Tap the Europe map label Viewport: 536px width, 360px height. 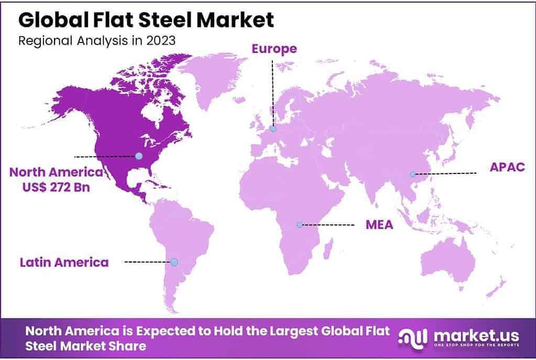(274, 49)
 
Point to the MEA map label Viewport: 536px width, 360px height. (379, 225)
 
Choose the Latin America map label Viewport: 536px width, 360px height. (64, 261)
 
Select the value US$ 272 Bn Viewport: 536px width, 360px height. (49, 187)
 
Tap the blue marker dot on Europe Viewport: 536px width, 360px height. (273, 129)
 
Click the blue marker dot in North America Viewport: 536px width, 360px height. (138, 156)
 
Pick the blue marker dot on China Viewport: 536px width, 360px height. (412, 174)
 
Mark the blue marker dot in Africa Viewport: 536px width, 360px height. (299, 225)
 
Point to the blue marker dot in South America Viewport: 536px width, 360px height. (174, 261)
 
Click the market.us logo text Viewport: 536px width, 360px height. (475, 335)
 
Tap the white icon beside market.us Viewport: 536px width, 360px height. (411, 337)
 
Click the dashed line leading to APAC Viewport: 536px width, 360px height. (445, 173)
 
